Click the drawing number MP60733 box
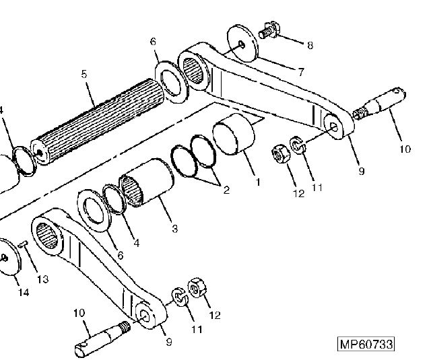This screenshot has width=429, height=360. pos(366,344)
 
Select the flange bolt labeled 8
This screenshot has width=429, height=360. pos(269,30)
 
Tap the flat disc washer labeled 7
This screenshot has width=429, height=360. pos(242,44)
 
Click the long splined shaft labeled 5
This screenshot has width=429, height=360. pos(97,122)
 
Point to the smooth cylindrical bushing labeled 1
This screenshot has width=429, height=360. pos(234,134)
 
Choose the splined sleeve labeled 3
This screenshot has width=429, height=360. pos(146,182)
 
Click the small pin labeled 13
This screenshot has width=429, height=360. pos(22,244)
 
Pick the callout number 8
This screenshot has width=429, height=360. pos(310,45)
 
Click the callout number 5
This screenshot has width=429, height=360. pos(84,74)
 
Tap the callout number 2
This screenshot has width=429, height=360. pos(226,190)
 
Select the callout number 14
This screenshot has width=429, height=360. pos(24,293)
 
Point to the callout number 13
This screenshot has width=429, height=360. pos(42,279)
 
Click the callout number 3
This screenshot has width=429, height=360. pos(175,228)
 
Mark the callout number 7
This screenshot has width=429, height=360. pos(300,72)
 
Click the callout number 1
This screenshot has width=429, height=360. pos(257,182)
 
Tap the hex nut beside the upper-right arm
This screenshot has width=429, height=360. pos(279,154)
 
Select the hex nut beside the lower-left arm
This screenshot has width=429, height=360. pos(197,287)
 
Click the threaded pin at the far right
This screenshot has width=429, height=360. pos(379,103)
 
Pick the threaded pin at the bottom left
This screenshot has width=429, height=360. pos(102,338)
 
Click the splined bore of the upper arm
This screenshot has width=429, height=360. pos(193,71)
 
